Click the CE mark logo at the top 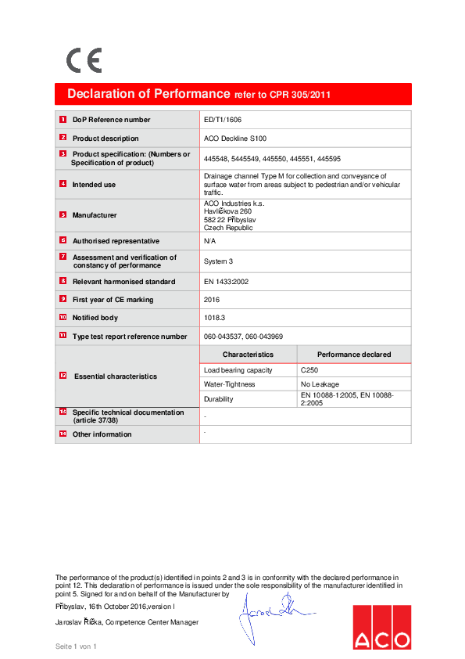pos(84,60)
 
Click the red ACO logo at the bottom pos(381,627)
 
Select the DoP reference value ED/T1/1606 pos(222,120)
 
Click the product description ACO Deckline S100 pos(234,138)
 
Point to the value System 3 pos(218,261)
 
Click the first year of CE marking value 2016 pos(211,300)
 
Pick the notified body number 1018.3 pos(213,318)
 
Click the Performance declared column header pos(354,355)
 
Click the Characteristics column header pos(248,355)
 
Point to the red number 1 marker pos(63,120)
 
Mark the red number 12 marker pos(63,376)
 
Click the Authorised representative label pos(116,241)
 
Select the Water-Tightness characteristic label pos(229,384)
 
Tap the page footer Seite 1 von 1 pos(76,646)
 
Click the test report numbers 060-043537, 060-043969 pos(243,336)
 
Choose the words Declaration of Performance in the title pos(148,94)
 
